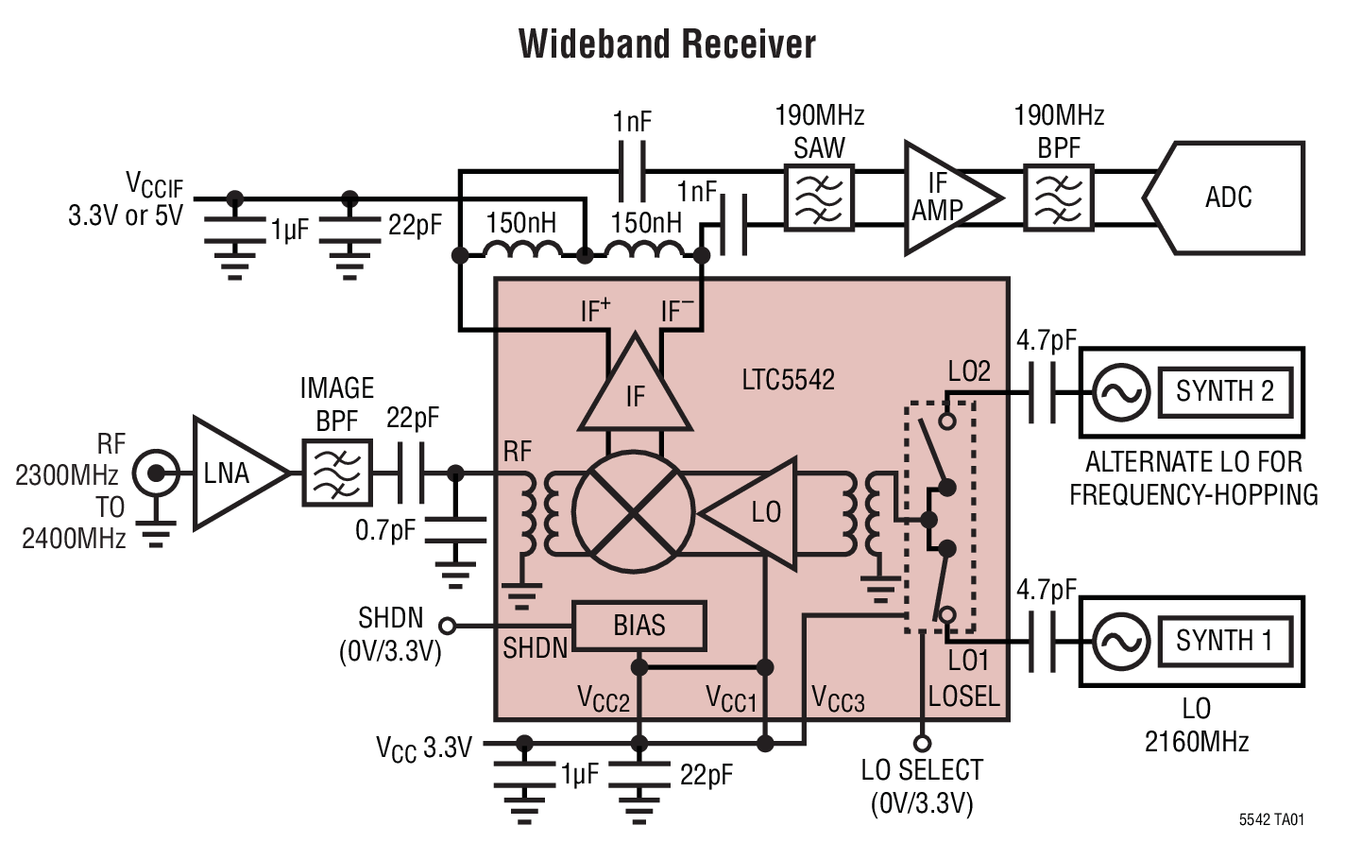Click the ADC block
(x=1228, y=198)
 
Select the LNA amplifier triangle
(x=234, y=473)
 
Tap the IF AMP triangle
(x=945, y=198)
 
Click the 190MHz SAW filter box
(x=819, y=198)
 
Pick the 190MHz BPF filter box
(x=1058, y=198)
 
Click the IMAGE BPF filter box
(x=336, y=473)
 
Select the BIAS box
(x=639, y=626)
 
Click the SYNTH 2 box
(x=1224, y=391)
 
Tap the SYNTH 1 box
(x=1224, y=641)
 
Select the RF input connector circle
(x=155, y=473)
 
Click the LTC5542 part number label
(x=788, y=380)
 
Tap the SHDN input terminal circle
(x=448, y=626)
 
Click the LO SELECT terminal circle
(x=922, y=743)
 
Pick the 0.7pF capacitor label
(x=384, y=531)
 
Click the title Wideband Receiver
(x=667, y=44)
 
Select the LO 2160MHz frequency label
(x=1196, y=725)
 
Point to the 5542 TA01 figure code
(x=1270, y=819)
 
